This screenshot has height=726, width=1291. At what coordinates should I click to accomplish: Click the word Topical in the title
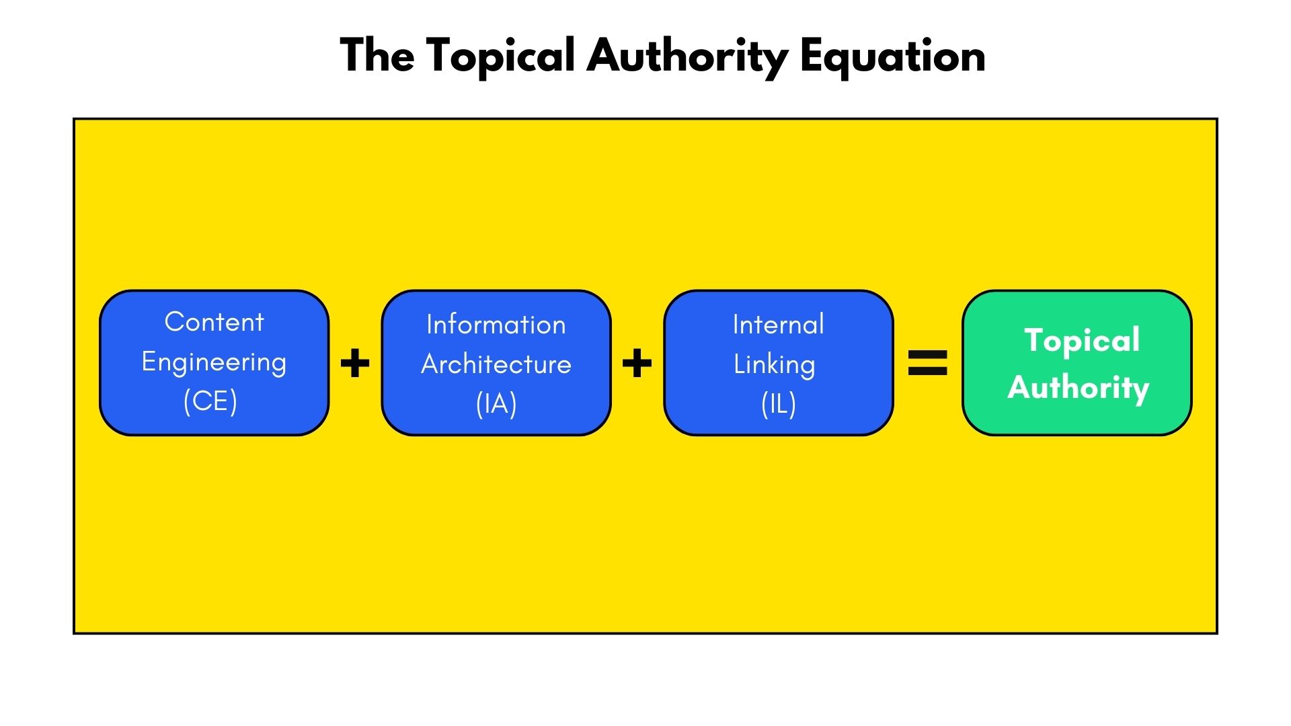(x=501, y=56)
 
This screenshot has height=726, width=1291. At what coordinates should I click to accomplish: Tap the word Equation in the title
(x=892, y=56)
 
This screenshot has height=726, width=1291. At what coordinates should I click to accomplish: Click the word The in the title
(x=377, y=55)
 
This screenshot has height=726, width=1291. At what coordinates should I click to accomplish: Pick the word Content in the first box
(x=214, y=322)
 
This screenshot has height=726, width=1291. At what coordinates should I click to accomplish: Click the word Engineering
(x=214, y=362)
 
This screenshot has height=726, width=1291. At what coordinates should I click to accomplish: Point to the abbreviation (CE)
(x=210, y=401)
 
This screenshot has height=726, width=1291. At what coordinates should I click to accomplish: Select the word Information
(x=496, y=325)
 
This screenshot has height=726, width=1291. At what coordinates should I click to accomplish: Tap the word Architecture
(x=496, y=364)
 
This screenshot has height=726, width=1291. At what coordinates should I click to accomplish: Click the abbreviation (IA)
(x=496, y=404)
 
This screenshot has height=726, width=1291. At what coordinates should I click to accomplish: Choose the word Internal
(x=778, y=325)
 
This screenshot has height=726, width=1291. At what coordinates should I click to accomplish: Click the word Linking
(x=774, y=364)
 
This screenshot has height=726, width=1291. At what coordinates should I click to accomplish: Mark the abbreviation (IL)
(x=779, y=404)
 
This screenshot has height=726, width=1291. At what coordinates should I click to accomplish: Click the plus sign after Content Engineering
(x=355, y=364)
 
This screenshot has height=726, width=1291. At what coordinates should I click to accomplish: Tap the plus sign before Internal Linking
(x=637, y=364)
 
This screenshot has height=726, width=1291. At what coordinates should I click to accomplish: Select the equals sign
(x=928, y=363)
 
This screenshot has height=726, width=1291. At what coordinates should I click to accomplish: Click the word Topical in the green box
(x=1082, y=340)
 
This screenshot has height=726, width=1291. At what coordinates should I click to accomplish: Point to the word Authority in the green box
(x=1079, y=388)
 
